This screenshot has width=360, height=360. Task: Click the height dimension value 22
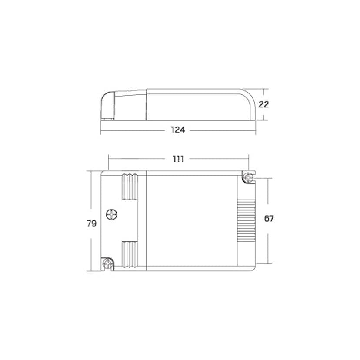(263, 104)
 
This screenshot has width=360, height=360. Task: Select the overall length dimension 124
(178, 130)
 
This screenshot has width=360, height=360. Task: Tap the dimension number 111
(178, 159)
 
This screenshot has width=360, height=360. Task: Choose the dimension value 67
(269, 219)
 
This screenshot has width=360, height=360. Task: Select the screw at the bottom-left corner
(107, 263)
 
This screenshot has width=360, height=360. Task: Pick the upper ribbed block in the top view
(130, 187)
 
